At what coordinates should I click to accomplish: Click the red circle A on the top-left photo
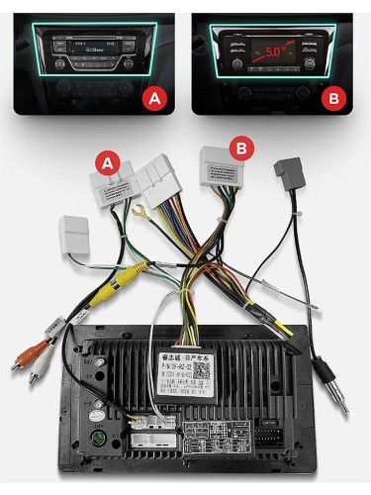click(152, 98)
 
